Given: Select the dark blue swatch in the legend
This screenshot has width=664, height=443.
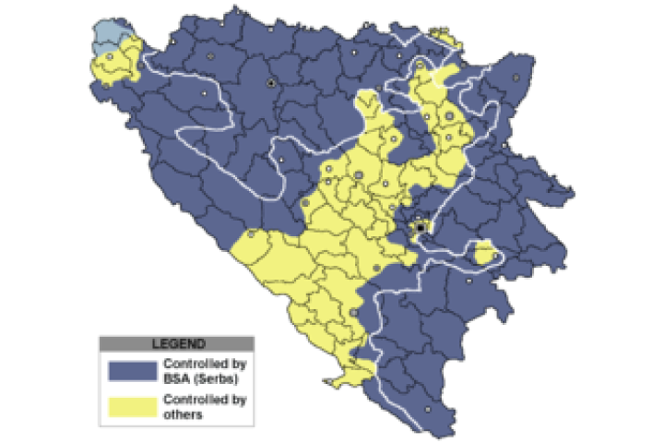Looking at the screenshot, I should pos(130,370).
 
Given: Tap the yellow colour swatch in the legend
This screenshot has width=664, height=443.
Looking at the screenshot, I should pos(130,408).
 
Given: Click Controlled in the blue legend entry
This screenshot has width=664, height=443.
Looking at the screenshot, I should pos(192,364).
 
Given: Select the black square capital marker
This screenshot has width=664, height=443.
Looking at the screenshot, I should pos(421,226).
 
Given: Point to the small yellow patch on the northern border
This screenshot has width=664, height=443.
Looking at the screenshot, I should pos(448,39).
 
